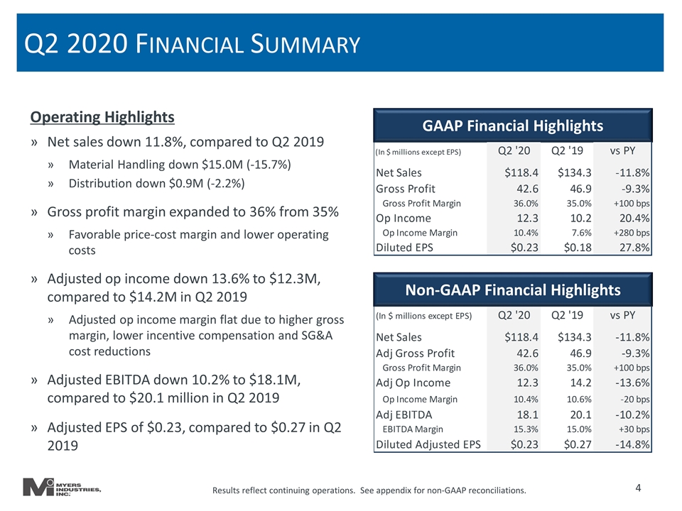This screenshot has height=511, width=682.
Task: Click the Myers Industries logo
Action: tap(62, 487)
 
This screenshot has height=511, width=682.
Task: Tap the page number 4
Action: tap(638, 488)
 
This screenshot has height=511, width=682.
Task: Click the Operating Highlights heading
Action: tap(102, 117)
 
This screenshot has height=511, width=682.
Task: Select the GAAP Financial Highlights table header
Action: tap(513, 126)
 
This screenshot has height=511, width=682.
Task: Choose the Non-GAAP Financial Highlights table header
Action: tap(513, 290)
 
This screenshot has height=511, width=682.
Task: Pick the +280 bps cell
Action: tap(632, 233)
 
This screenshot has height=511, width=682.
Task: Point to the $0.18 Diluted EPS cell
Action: tap(578, 248)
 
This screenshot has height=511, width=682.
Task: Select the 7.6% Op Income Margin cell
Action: tap(582, 233)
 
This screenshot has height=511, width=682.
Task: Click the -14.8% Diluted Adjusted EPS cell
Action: tap(632, 444)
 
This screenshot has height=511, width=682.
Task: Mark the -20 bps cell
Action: tap(634, 400)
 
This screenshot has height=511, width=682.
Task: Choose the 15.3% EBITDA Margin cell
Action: tap(526, 429)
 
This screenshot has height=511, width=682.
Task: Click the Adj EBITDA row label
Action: tap(404, 415)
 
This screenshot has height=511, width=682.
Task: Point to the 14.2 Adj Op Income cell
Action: tap(580, 383)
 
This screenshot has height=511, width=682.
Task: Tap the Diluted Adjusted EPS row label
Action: tap(428, 444)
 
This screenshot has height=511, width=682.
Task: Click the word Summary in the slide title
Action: tap(305, 44)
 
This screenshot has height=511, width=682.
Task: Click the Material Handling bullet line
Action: tap(180, 165)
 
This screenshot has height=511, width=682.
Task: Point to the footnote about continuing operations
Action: tap(369, 490)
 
